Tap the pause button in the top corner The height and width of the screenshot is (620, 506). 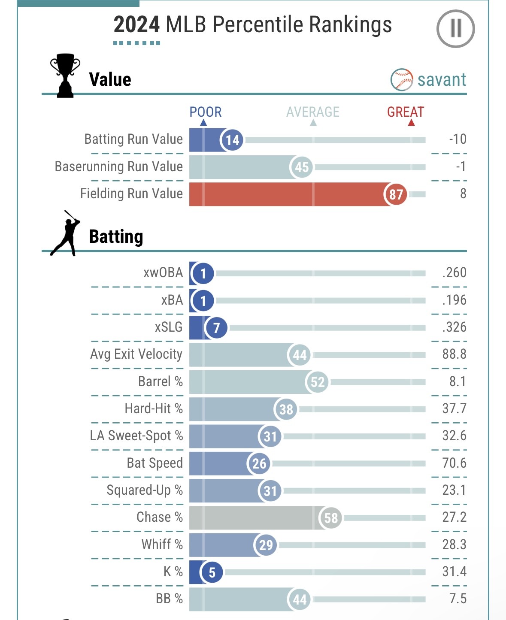(x=455, y=29)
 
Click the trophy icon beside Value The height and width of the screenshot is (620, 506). (x=65, y=76)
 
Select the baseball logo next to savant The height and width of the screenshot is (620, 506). (x=402, y=79)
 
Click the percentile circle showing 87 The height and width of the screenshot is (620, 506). (x=395, y=194)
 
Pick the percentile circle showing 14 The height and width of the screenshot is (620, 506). (x=232, y=140)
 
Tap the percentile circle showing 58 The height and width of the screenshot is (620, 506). (x=331, y=518)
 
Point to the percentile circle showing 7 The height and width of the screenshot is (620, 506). (x=216, y=328)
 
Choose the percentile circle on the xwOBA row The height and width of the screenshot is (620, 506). (x=203, y=273)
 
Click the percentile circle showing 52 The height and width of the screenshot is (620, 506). (x=318, y=382)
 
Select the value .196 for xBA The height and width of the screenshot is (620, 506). (x=454, y=300)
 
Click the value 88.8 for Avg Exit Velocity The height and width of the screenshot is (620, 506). (x=454, y=354)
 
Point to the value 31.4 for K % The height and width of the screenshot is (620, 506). (x=454, y=572)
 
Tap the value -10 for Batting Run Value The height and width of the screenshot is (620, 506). (x=458, y=139)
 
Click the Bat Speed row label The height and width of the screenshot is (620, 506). (x=155, y=463)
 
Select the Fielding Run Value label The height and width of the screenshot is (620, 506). (x=131, y=194)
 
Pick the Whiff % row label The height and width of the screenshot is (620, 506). (x=162, y=544)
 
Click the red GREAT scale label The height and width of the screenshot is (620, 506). (x=405, y=112)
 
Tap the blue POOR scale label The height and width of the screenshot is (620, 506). (x=206, y=112)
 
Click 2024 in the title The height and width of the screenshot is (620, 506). (x=136, y=24)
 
